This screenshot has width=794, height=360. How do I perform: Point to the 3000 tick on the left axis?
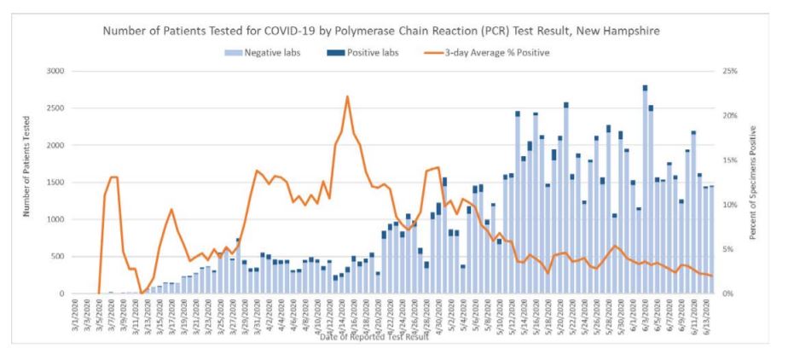pos(55,71)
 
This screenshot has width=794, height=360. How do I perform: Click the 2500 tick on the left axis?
pos(55,108)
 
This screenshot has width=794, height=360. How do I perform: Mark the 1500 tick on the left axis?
pos(55,183)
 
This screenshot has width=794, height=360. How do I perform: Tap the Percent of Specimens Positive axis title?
pos(753,182)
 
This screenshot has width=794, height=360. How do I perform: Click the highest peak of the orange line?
pos(348,96)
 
